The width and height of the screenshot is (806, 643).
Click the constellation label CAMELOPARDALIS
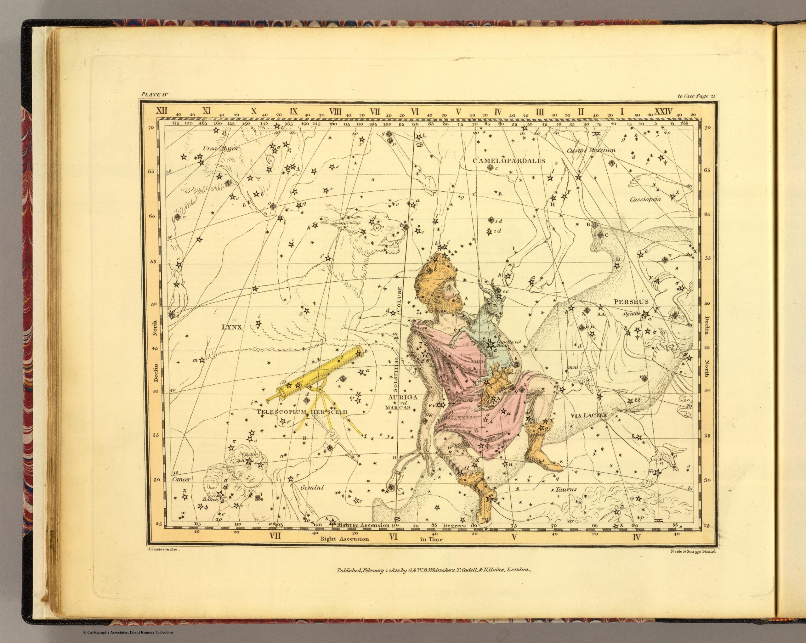pos(509,161)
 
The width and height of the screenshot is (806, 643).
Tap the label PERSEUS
pos(631,301)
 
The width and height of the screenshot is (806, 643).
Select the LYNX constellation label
pos(232,327)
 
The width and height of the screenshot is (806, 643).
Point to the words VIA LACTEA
pos(588,415)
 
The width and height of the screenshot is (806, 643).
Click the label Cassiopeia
pos(645,199)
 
